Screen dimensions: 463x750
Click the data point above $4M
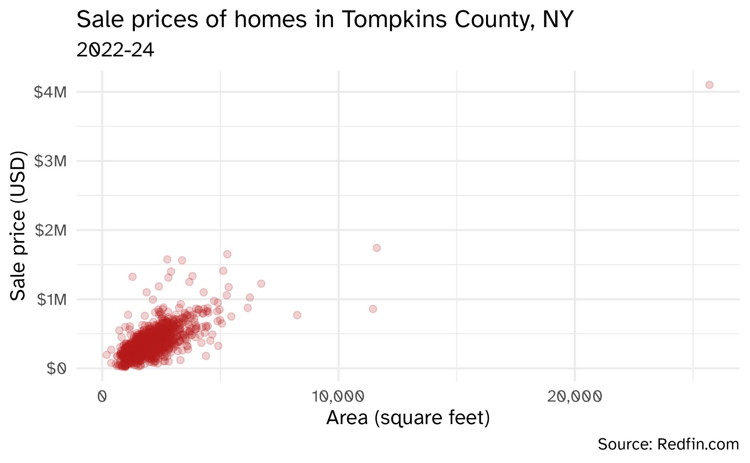coord(709,85)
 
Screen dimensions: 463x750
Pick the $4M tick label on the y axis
coord(50,92)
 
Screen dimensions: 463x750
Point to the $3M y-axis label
coord(50,161)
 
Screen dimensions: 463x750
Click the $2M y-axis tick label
coord(50,231)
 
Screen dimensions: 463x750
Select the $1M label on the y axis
coord(52,300)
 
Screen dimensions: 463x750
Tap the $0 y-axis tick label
coord(56,368)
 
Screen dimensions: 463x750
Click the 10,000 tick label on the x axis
coord(338,397)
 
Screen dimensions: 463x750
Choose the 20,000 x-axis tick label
coord(574,397)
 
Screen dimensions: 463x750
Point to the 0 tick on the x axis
coord(102,397)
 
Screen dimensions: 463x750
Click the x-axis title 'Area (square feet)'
coord(408,418)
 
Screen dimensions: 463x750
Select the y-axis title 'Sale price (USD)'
coord(18,226)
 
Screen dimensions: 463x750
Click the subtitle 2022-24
coord(115,50)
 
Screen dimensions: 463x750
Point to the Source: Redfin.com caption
coord(668,444)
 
